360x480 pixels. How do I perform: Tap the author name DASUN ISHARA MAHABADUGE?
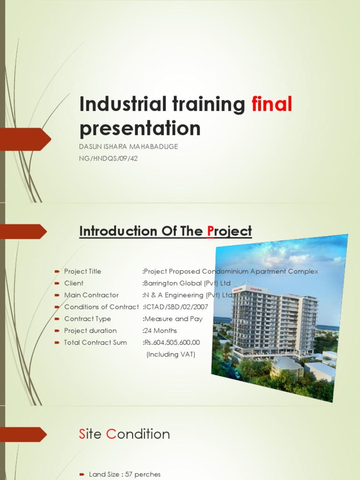click(128, 147)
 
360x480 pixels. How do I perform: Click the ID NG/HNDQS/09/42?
click(108, 158)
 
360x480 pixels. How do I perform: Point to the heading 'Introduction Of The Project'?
click(165, 231)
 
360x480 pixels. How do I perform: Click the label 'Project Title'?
click(82, 271)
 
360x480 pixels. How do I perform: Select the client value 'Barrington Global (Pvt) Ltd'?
click(187, 283)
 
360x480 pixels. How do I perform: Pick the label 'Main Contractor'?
click(91, 295)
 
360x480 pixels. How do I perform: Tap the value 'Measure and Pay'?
click(172, 319)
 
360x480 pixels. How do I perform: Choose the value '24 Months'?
click(160, 330)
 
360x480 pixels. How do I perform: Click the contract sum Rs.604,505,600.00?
click(172, 342)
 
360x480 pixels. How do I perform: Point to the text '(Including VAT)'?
click(171, 354)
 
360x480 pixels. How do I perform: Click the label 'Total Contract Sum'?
click(95, 342)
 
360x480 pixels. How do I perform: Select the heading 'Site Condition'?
click(124, 434)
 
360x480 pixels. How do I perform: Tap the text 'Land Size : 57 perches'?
click(118, 474)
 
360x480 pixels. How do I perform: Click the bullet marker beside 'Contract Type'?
click(56, 319)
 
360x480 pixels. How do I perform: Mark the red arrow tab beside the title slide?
click(26, 139)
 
